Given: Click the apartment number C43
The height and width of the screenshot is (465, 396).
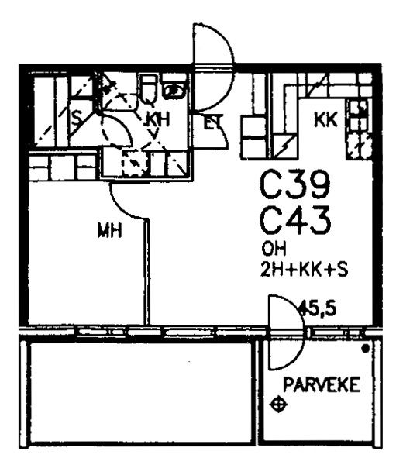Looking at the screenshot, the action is coord(295,221).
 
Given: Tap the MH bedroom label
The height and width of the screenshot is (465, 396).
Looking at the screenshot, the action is coord(109,230).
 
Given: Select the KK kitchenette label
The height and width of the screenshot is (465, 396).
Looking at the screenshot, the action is coord(325,120).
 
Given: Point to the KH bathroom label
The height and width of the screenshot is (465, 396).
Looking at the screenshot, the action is coord(158,121).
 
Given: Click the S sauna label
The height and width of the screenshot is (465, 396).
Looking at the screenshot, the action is coord(77,119).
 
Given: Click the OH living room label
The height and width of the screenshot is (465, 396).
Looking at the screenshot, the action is coord(274,250).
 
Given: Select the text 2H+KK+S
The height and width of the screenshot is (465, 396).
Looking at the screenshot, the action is coord(305,270).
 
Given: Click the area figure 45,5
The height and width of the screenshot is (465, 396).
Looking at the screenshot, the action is coord(318,308).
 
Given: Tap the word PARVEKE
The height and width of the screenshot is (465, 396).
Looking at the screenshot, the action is coord(322,384).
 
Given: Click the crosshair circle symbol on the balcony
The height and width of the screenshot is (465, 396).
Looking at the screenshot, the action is coord(278,405).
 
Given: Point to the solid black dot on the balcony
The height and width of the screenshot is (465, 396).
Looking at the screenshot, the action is coord(366,349).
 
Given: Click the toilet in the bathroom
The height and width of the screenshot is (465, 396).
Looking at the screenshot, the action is coord(150,88).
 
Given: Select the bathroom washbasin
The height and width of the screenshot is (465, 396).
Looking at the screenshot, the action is coord(174,91).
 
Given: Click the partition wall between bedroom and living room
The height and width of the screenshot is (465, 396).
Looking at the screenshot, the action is coord(146,271).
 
